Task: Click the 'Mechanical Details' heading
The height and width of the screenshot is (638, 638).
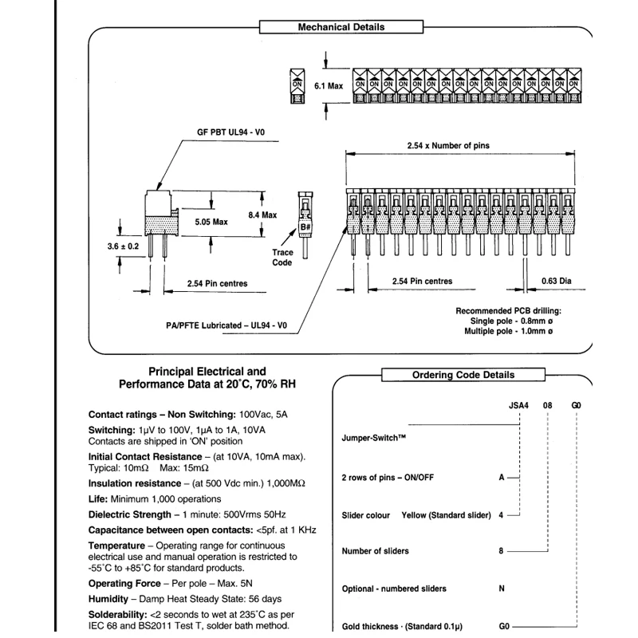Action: [x=341, y=27]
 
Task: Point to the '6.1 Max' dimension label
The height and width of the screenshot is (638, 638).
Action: [x=329, y=85]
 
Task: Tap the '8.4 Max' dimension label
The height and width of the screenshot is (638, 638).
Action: [x=262, y=215]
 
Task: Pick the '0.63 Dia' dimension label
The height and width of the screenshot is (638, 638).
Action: [x=557, y=281]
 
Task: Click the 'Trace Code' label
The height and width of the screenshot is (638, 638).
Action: [x=282, y=258]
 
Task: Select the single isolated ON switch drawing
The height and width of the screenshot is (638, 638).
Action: [x=297, y=85]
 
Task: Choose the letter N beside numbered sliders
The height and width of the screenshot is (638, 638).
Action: [x=502, y=589]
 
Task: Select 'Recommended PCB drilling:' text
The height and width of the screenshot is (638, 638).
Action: [x=508, y=310]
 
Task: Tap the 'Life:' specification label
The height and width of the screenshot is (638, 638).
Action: [x=98, y=498]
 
